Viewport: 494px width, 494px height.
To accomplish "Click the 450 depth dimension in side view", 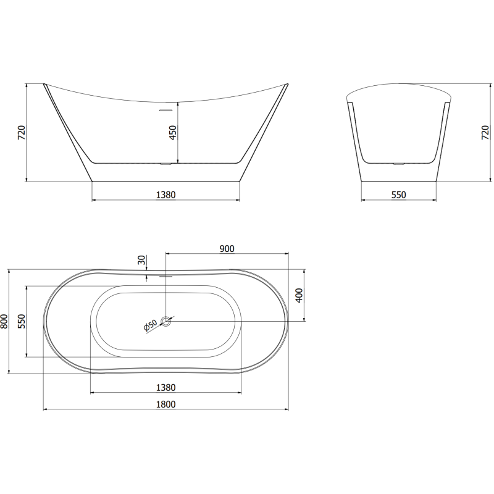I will (174, 133).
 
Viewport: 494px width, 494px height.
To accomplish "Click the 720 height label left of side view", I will (21, 133).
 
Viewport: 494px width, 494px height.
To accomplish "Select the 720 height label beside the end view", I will (485, 133).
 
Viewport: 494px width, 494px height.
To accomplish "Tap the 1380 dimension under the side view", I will (165, 195).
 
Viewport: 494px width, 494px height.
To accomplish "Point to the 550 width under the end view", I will (398, 195).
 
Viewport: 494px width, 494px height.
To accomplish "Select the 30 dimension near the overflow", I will (142, 261).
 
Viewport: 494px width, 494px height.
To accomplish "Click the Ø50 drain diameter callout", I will (150, 325).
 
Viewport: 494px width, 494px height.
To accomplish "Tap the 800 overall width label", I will (5, 321).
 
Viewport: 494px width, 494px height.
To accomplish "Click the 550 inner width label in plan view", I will (21, 321).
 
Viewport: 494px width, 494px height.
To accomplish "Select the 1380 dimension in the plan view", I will (165, 387).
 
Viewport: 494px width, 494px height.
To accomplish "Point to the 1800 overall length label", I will (165, 404).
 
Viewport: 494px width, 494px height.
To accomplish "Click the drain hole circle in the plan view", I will (166, 321).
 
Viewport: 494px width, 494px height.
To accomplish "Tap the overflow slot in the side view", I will (165, 111).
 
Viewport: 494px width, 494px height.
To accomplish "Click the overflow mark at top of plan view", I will (165, 276).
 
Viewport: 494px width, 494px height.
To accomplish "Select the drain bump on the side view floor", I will (165, 164).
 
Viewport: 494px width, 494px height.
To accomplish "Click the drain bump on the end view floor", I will (399, 164).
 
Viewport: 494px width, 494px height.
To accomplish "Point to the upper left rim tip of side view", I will (44, 84).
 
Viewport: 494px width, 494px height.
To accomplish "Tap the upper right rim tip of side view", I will (287, 84).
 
